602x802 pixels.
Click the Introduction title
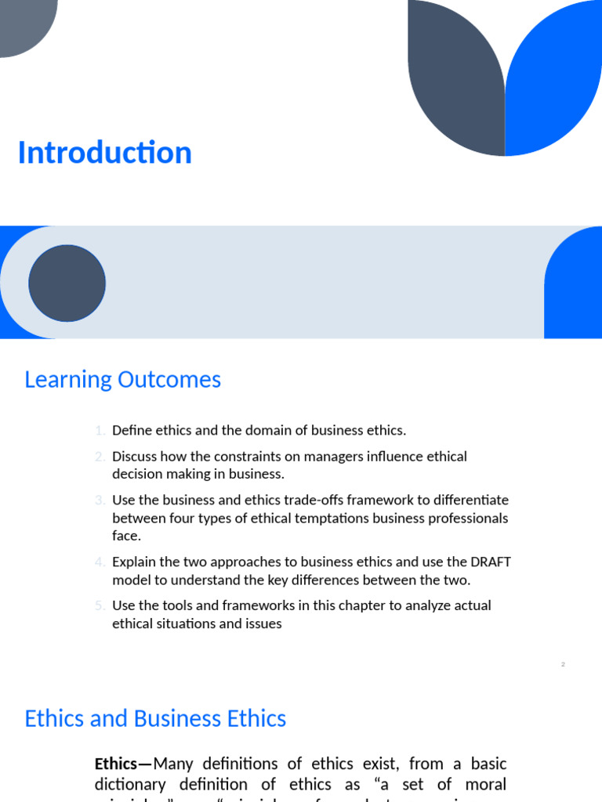coord(104,153)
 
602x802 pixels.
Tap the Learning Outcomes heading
coord(122,380)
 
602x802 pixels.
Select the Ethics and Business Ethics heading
coord(155,719)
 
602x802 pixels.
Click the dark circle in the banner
coord(67,283)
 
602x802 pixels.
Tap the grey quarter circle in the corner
coord(24,23)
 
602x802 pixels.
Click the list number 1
coord(100,430)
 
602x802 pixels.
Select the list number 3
coord(100,500)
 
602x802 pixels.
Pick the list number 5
coord(100,605)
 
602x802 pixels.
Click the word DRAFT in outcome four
coord(491,562)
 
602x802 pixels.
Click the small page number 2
coord(563,664)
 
